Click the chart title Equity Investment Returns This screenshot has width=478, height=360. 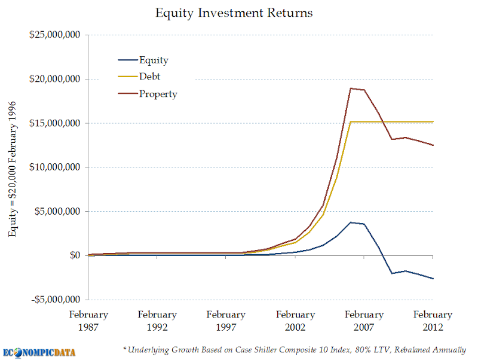[x=234, y=13]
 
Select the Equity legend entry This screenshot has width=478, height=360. [x=143, y=60]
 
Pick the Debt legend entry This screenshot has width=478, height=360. [x=139, y=77]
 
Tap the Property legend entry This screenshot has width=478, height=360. [x=148, y=94]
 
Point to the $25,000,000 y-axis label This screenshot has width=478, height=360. [x=55, y=35]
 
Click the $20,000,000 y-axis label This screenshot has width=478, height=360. [x=55, y=79]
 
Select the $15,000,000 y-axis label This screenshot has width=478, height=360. [x=55, y=123]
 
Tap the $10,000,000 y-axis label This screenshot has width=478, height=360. [x=55, y=167]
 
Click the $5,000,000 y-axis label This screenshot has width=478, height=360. [x=57, y=211]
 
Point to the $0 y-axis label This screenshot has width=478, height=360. [x=75, y=255]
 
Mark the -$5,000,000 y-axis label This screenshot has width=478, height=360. [x=56, y=299]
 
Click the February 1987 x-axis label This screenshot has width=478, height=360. [x=88, y=321]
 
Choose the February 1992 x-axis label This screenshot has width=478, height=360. [x=157, y=321]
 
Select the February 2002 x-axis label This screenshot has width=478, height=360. [x=295, y=321]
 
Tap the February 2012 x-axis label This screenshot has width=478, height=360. [x=433, y=321]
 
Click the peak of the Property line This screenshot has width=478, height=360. [x=351, y=89]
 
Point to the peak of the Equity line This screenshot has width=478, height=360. [x=351, y=222]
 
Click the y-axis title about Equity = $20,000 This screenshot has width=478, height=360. [x=12, y=169]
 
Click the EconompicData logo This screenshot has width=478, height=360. [x=39, y=353]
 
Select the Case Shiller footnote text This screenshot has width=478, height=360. [x=295, y=350]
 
